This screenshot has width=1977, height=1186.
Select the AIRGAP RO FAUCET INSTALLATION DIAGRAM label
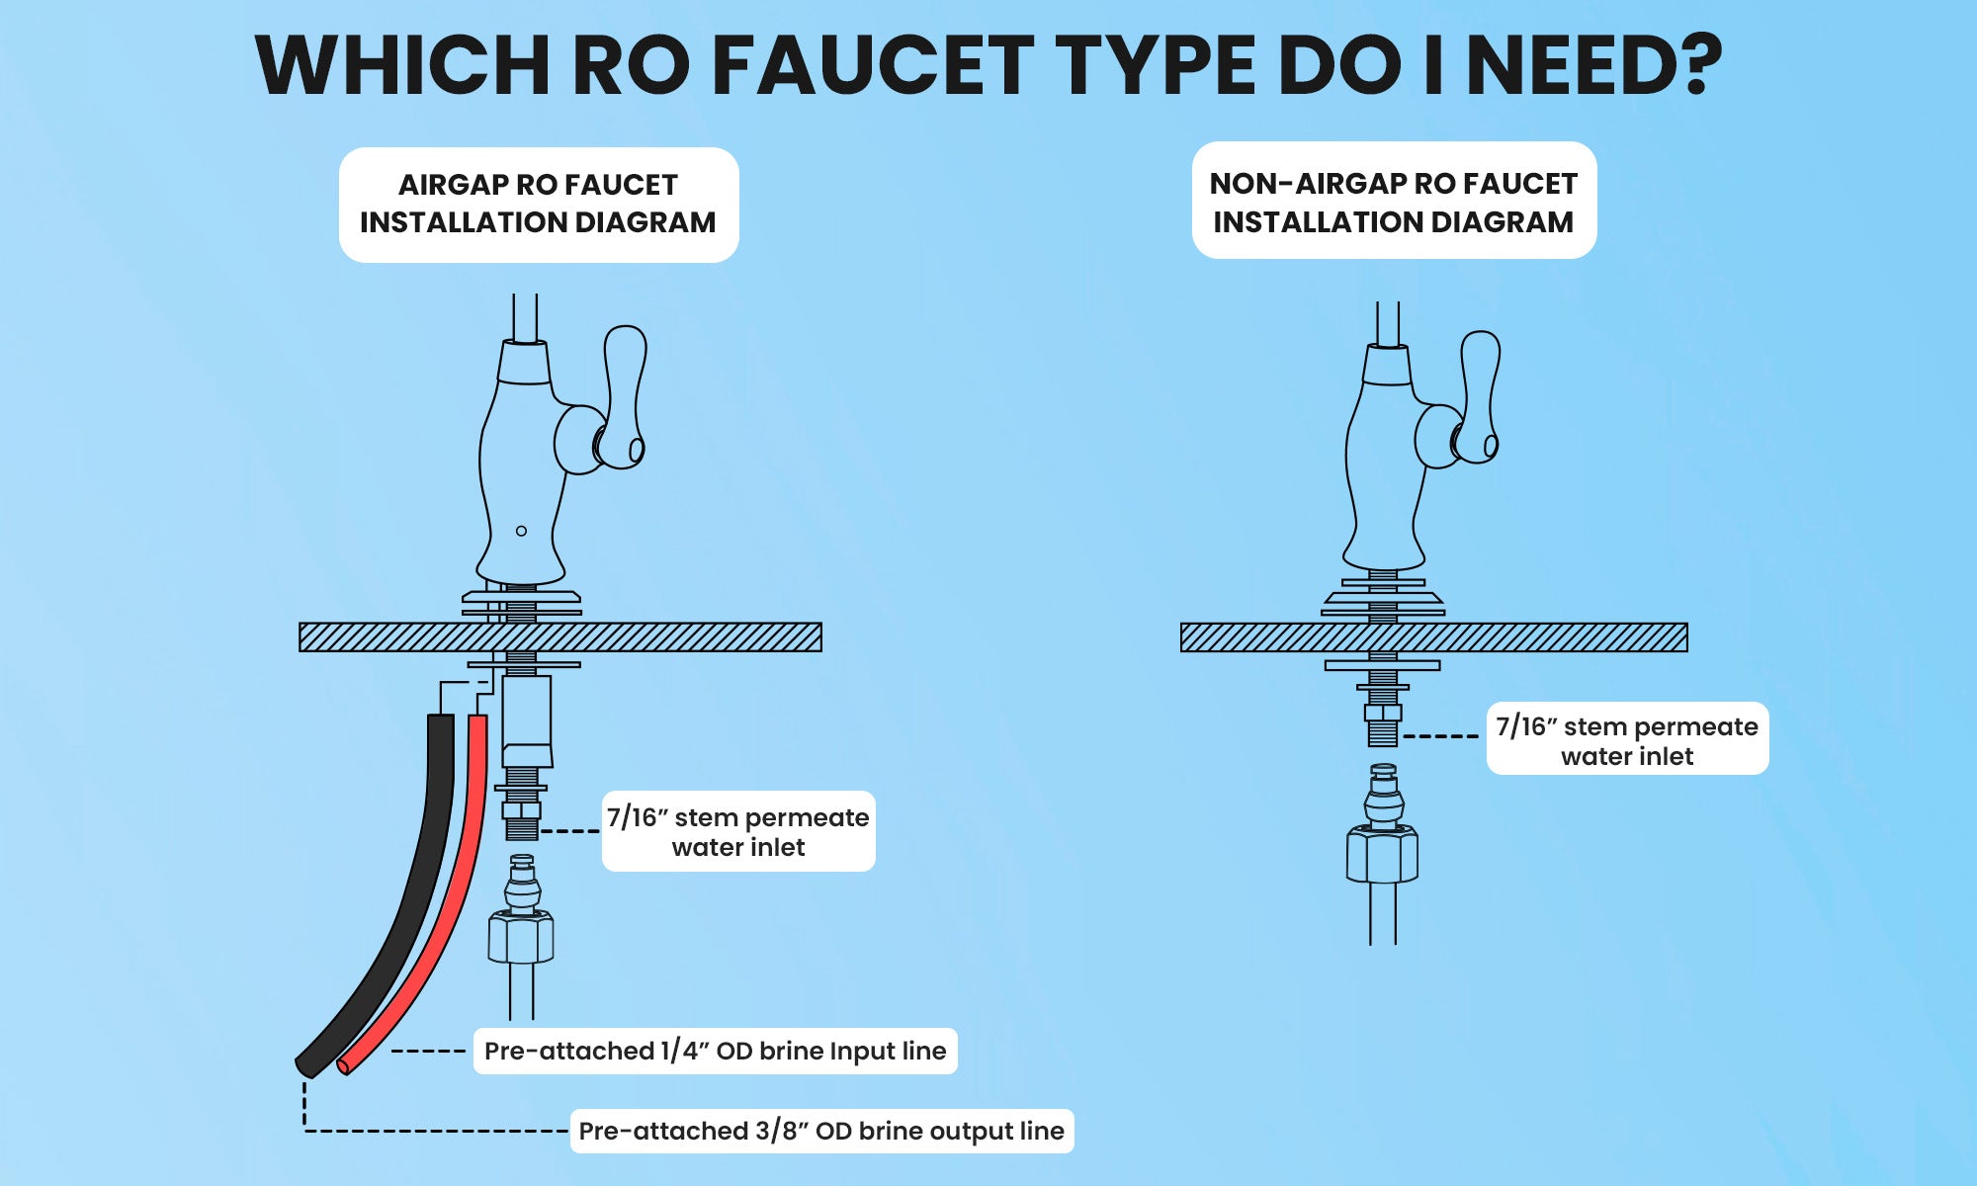click(x=538, y=204)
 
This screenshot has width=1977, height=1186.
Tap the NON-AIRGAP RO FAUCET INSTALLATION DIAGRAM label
click(x=1393, y=202)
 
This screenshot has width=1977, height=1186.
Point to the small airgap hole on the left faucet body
click(x=521, y=531)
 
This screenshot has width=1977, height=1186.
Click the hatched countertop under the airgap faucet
click(x=672, y=637)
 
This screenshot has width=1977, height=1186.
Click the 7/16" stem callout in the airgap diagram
click(x=737, y=831)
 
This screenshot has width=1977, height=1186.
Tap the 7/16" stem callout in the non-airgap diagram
click(x=1626, y=739)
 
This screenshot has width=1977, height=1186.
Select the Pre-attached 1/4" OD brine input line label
click(x=715, y=1051)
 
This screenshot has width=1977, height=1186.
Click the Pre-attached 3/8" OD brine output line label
click(x=821, y=1131)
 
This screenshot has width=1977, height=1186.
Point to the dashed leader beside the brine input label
click(x=428, y=1051)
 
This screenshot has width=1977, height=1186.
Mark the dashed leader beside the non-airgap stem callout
click(x=1441, y=736)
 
